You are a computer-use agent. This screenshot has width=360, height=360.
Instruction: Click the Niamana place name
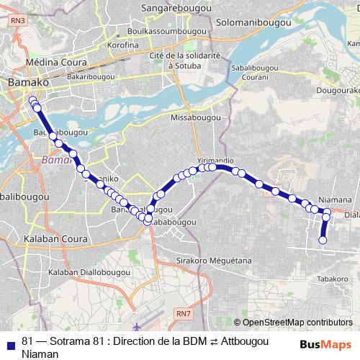click(335, 199)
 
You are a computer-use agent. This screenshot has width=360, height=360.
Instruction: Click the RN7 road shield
click(184, 312)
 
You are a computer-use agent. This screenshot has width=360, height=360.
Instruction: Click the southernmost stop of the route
click(323, 240)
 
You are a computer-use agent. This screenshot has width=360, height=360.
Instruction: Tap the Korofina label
click(122, 45)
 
